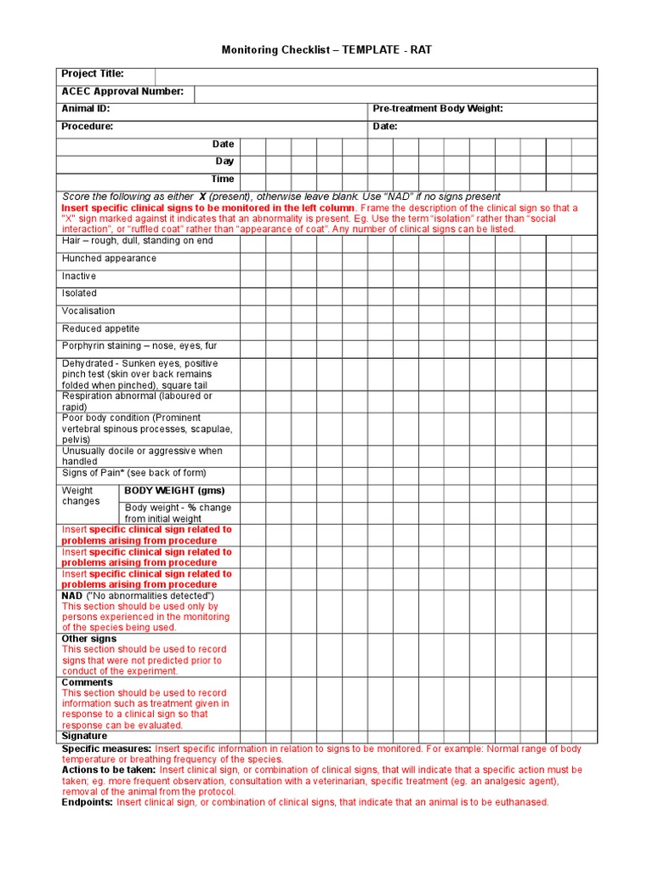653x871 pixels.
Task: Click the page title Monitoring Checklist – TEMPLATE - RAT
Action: tap(326, 50)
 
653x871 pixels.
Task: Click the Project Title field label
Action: tap(93, 74)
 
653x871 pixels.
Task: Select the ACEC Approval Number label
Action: tap(122, 92)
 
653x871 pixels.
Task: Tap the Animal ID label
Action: tap(86, 109)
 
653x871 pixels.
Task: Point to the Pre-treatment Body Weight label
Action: tap(438, 109)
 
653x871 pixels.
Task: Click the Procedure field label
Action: tap(88, 127)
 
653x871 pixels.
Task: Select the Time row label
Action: tap(223, 179)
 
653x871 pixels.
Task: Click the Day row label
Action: tap(224, 162)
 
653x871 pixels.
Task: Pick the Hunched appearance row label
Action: tap(109, 259)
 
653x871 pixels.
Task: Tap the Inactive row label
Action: tap(79, 276)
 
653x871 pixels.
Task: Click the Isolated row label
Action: tap(79, 293)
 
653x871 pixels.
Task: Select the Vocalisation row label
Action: tap(88, 311)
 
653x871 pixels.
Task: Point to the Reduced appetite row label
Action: tap(100, 329)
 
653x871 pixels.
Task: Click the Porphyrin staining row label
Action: tap(139, 346)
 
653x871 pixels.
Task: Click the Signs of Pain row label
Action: tap(133, 473)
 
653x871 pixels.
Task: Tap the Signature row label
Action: tap(84, 737)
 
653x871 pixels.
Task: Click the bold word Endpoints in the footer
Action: tap(87, 802)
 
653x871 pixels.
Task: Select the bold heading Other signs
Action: tap(89, 639)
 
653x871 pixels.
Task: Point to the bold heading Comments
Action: tap(87, 682)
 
